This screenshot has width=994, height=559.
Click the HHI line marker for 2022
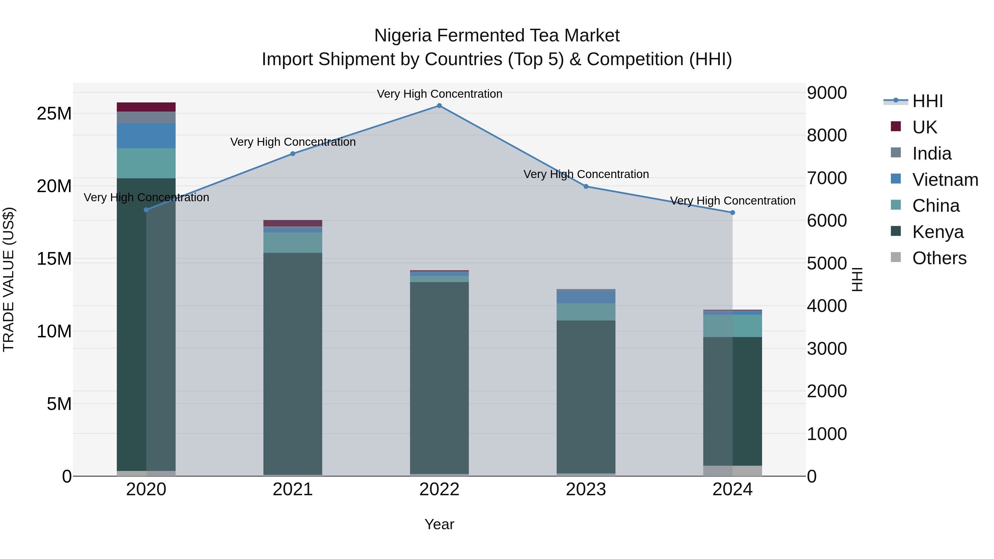[439, 105]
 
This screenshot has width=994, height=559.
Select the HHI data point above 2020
[146, 210]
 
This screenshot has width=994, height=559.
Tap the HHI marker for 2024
[732, 213]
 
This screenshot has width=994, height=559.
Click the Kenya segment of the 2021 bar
[292, 363]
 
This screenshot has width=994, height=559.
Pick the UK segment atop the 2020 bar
[146, 107]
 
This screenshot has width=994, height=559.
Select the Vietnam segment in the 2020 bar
[146, 136]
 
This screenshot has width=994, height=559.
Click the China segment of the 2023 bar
[586, 312]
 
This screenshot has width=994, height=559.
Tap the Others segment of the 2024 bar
[732, 471]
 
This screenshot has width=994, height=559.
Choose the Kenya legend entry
[938, 232]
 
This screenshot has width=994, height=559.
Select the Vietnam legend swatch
[896, 179]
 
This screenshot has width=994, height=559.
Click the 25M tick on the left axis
[54, 114]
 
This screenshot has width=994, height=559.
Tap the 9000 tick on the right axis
[826, 93]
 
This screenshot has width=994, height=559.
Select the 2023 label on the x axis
[586, 489]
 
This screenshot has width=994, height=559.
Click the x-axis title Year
[439, 524]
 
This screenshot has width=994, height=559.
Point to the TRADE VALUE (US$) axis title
[9, 279]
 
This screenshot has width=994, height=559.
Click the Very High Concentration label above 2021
[293, 142]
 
